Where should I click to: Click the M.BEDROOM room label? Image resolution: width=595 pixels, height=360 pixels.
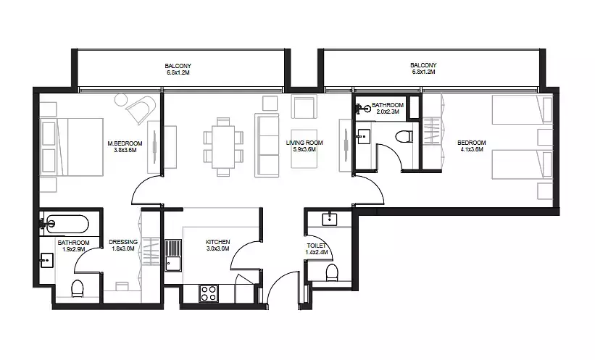[x=125, y=143]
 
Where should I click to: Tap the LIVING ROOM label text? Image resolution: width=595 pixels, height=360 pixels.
[x=304, y=143]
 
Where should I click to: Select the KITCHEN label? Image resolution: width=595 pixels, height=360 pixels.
[x=218, y=242]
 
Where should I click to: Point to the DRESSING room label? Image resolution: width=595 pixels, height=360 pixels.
[x=123, y=242]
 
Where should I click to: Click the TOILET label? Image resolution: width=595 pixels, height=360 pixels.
[x=317, y=246]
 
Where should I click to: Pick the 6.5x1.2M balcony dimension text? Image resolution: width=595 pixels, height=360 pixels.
[x=178, y=72]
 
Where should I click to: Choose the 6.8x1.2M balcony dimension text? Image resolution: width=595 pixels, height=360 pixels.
[x=423, y=72]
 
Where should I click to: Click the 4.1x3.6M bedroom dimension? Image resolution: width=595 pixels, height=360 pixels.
[x=472, y=149]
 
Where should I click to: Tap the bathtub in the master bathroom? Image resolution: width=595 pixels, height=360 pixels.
[x=65, y=225]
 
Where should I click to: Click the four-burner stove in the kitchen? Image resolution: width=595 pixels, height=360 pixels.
[x=209, y=293]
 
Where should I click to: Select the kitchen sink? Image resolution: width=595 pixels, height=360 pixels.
[x=173, y=255]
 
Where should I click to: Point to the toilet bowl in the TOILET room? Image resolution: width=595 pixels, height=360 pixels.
[x=332, y=273]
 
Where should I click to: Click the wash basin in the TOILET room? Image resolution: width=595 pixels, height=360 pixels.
[x=329, y=219]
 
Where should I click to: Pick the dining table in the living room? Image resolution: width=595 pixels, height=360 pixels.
[x=223, y=147]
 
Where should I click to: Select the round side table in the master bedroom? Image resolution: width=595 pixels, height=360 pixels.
[x=121, y=101]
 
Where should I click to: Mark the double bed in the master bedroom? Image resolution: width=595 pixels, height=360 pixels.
[x=72, y=147]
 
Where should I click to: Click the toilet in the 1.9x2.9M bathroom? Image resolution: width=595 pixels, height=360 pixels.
[x=78, y=289]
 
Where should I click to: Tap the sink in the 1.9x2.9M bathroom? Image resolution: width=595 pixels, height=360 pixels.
[x=46, y=260]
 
